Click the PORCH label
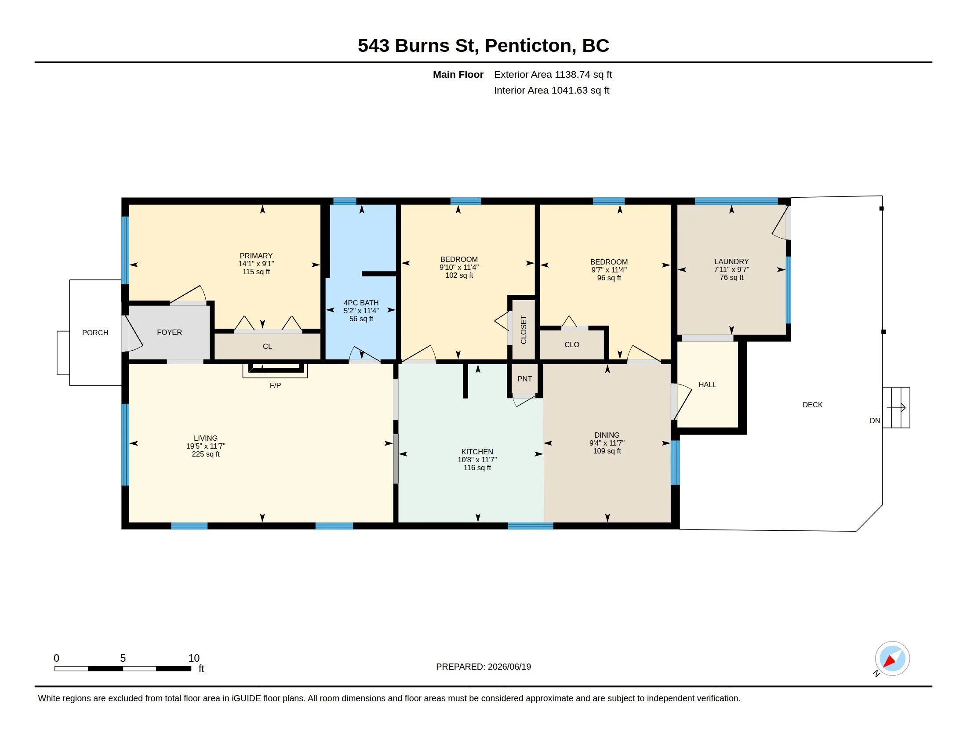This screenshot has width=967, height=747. (95, 332)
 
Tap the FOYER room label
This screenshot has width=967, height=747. (169, 332)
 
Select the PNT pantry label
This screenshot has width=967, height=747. (525, 378)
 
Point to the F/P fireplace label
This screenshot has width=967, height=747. (275, 385)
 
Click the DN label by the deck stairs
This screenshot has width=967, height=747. (874, 421)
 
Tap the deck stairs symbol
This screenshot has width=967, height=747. (896, 407)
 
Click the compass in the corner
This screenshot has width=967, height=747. (892, 659)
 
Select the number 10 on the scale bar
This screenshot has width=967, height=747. (194, 658)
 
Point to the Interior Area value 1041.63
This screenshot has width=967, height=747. (569, 90)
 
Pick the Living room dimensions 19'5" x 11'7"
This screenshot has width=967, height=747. (205, 446)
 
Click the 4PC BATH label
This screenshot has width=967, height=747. (361, 303)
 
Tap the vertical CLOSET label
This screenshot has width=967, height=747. (523, 329)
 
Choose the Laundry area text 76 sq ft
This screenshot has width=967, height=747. (731, 277)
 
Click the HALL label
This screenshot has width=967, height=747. (707, 384)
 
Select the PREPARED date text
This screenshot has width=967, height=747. (484, 667)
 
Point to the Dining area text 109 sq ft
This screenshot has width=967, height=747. (607, 451)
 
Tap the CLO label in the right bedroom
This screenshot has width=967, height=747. (571, 344)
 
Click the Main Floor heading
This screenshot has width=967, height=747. (458, 74)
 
